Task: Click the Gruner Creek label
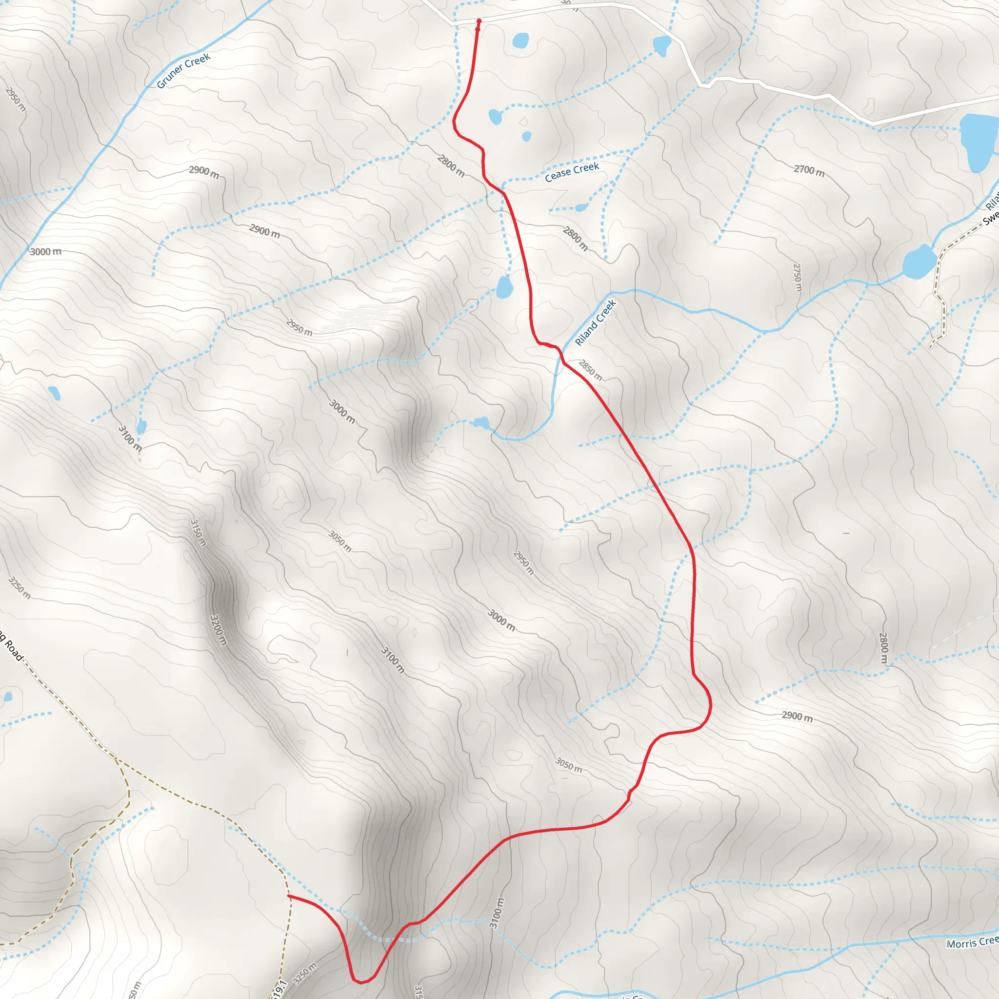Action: point(183,70)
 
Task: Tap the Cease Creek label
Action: point(572,172)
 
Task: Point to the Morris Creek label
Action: point(972,942)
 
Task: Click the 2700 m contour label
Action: point(809,170)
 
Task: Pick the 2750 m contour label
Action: point(798,278)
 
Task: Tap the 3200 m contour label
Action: point(218,630)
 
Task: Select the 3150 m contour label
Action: point(199,533)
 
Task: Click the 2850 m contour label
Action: point(590,370)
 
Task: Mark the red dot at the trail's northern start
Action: point(479,21)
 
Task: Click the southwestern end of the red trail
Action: point(289,896)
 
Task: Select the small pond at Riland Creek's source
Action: point(481,423)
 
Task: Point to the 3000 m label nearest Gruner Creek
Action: point(45,252)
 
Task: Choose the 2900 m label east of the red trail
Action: point(797,716)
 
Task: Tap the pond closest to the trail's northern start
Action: point(520,41)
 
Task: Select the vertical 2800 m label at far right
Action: point(884,648)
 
